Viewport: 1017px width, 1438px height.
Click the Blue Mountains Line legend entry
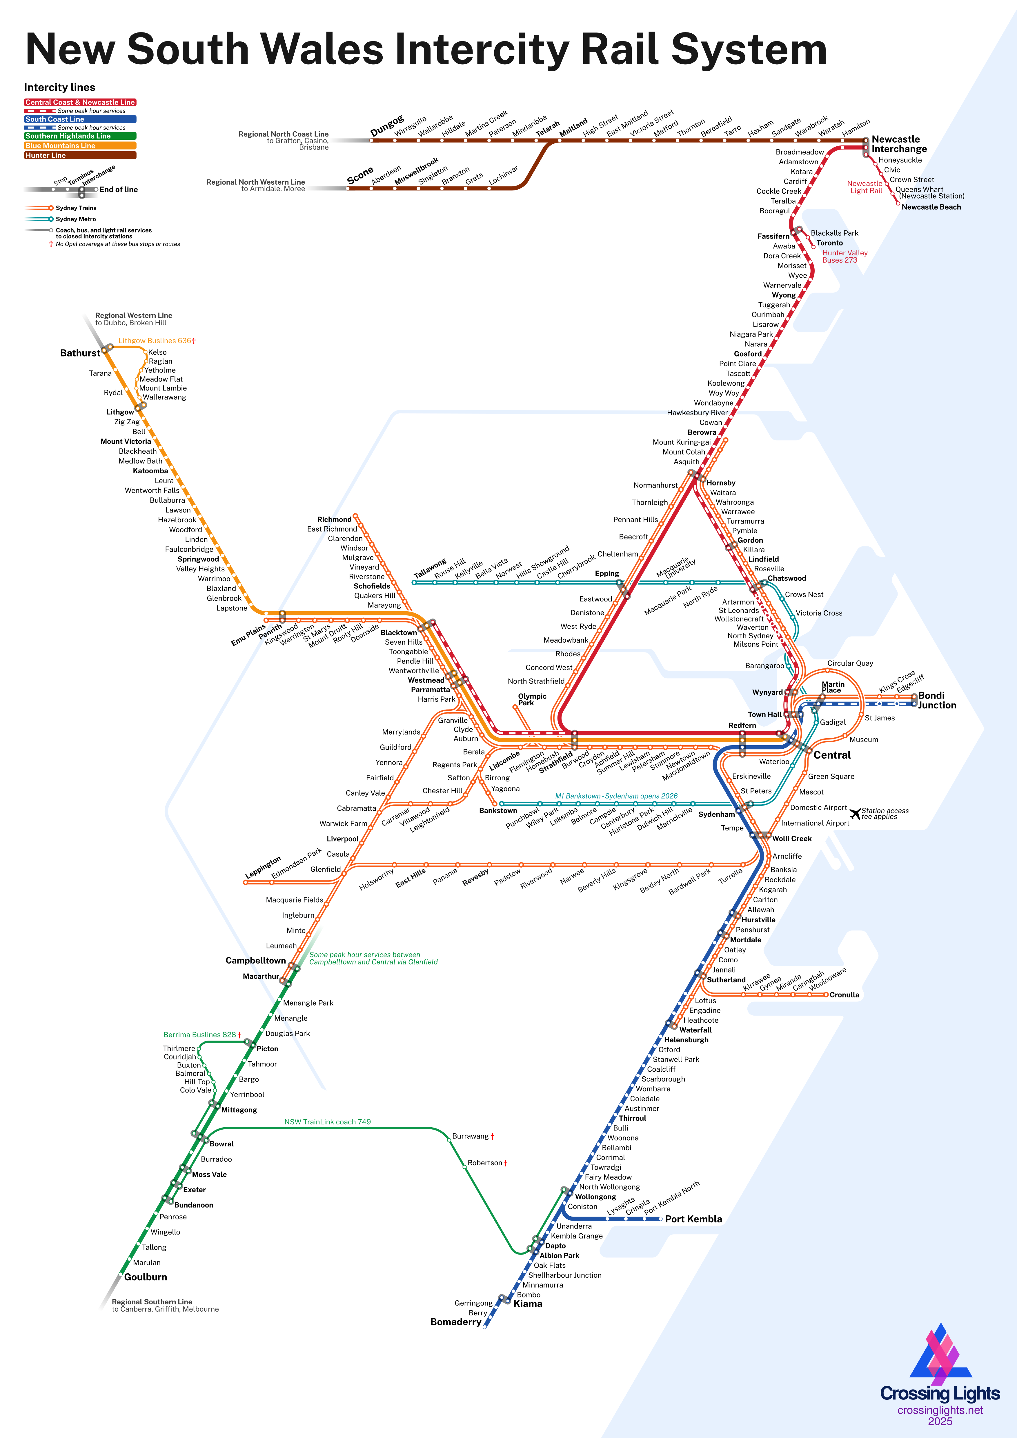79,145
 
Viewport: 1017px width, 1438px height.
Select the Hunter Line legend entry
79,155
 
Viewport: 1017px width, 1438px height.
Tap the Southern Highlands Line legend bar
79,136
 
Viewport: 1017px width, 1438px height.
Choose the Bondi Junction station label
937,700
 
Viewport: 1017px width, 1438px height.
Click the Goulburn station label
145,1277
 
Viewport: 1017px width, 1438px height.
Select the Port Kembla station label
693,1219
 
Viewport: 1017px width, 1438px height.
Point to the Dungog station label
387,126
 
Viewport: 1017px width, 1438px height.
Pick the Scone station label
360,175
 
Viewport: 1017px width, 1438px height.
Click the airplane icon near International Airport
856,814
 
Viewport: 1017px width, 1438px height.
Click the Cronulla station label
844,995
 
